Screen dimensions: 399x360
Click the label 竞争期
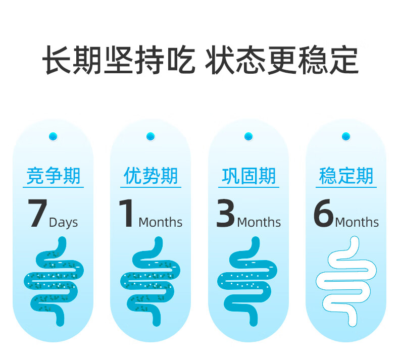(x=53, y=176)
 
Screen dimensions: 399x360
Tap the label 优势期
(x=151, y=176)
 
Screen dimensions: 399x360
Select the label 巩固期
(x=248, y=176)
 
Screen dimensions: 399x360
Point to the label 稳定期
(x=346, y=176)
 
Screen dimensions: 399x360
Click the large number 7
(x=37, y=214)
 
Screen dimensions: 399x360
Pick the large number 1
(x=127, y=214)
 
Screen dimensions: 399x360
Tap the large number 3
(x=225, y=214)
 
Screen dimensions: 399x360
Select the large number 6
(x=323, y=214)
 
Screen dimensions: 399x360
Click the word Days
(x=63, y=223)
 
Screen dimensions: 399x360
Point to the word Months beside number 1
(x=160, y=222)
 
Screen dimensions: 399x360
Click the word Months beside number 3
(x=259, y=222)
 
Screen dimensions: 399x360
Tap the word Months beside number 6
(x=357, y=222)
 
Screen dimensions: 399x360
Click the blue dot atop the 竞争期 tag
(x=53, y=136)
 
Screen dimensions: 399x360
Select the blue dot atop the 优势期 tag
(x=151, y=136)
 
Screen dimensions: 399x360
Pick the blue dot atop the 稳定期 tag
(x=346, y=136)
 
